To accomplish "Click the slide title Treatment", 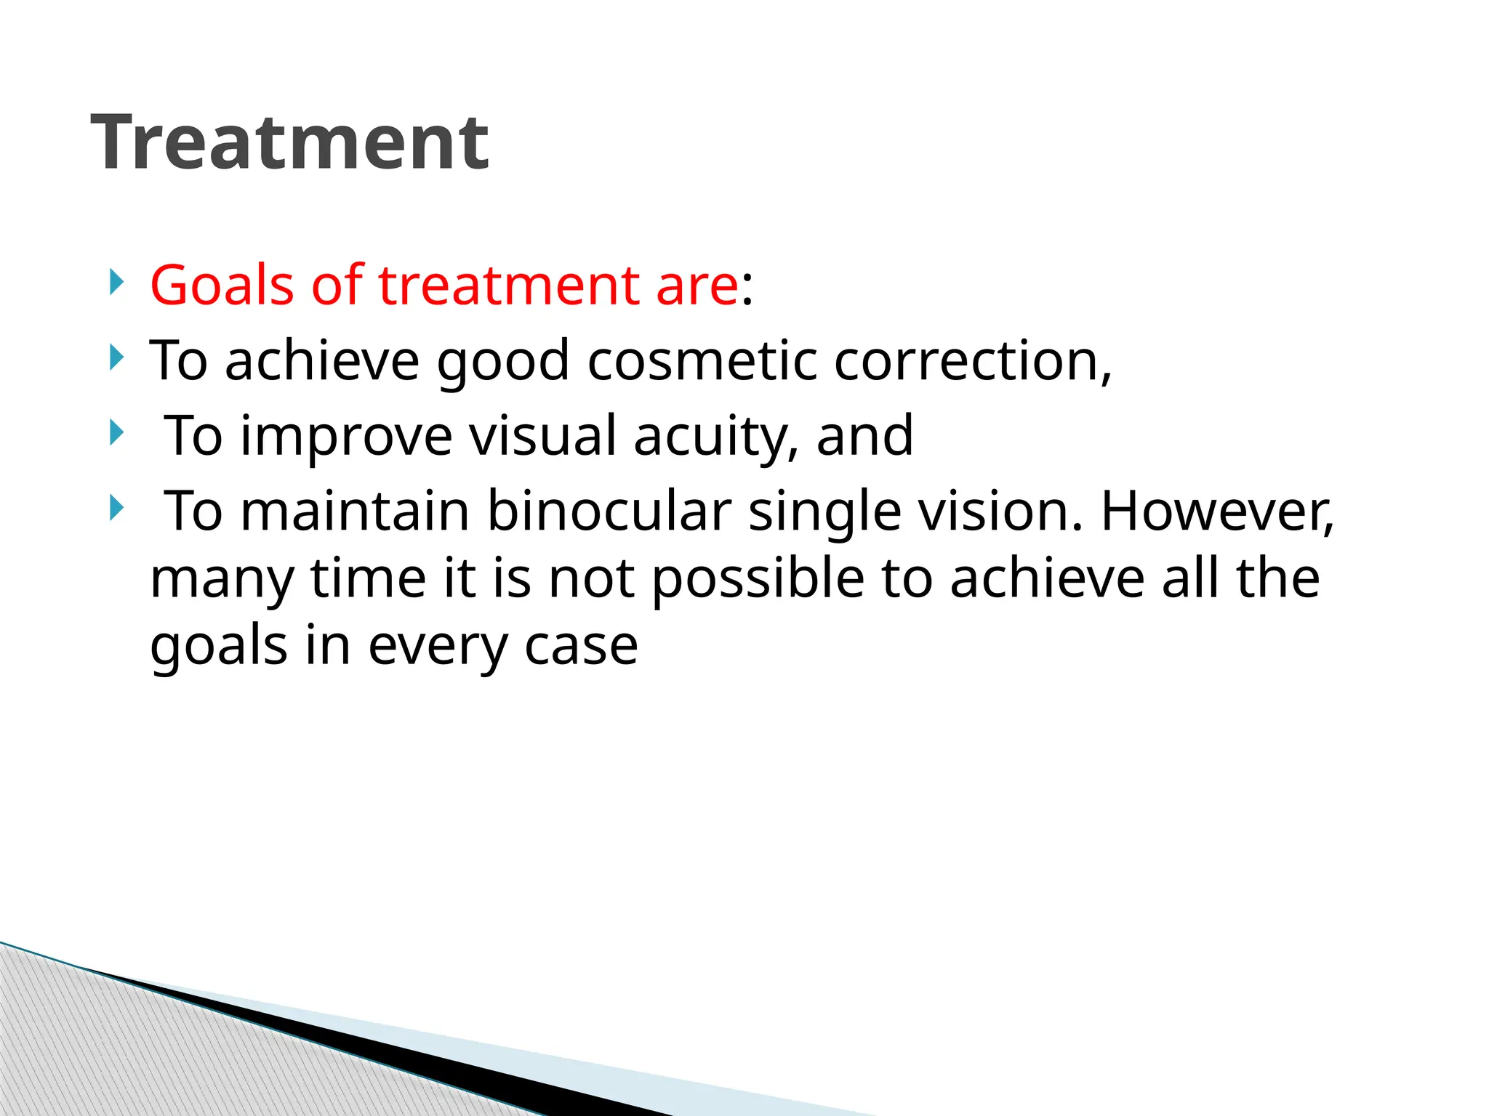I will pos(289,143).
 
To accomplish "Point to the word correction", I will pos(972,361).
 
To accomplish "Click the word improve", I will pos(346,437).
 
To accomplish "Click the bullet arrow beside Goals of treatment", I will pos(116,283).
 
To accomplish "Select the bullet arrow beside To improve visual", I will pos(116,434).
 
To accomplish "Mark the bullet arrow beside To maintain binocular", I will pos(116,509).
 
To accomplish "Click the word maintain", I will pos(354,511).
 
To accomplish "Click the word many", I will pos(222,581).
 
